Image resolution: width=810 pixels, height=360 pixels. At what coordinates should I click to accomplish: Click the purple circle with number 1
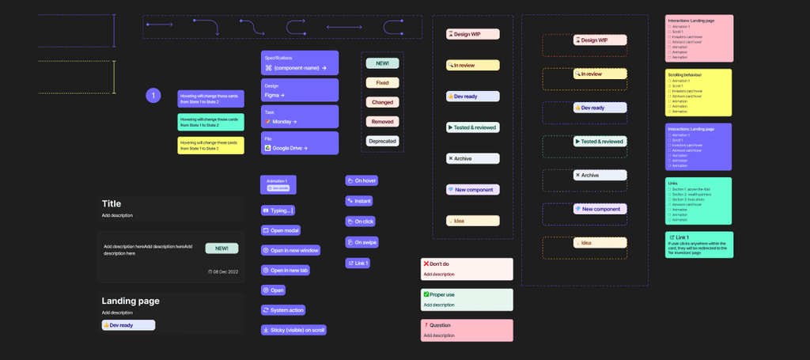click(153, 96)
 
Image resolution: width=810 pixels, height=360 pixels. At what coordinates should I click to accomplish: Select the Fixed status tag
click(382, 82)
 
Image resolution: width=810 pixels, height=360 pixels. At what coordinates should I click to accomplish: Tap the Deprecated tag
click(382, 141)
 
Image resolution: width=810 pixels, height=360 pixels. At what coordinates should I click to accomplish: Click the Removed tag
click(382, 121)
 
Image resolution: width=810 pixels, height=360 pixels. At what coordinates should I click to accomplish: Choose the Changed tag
click(382, 102)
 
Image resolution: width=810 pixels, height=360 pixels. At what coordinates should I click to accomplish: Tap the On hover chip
click(361, 180)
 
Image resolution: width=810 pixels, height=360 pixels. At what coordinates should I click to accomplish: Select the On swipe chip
click(361, 242)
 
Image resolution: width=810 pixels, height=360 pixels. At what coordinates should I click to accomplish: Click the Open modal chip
click(281, 230)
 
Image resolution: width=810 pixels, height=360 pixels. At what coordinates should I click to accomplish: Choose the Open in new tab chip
click(286, 271)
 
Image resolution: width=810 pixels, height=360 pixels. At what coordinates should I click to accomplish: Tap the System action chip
click(283, 310)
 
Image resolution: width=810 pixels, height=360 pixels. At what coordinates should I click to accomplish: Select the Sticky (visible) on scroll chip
click(293, 330)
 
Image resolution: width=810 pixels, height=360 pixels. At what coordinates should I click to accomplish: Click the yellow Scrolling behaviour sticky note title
click(685, 75)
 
